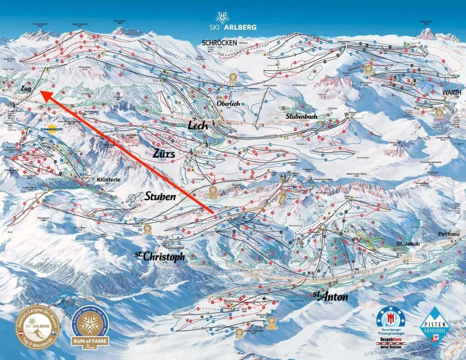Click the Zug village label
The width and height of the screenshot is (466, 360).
click(x=26, y=89)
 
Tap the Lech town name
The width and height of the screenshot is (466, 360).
click(x=198, y=125)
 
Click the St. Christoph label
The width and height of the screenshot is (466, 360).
click(x=160, y=256)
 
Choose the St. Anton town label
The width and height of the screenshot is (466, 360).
click(x=330, y=297)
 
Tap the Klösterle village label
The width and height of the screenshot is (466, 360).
click(x=108, y=180)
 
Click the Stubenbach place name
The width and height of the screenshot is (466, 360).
click(x=301, y=116)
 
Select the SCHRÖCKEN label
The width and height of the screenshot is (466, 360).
click(x=219, y=42)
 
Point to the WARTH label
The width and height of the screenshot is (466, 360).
click(x=451, y=92)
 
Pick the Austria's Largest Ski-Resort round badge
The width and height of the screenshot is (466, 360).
click(x=38, y=327)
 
